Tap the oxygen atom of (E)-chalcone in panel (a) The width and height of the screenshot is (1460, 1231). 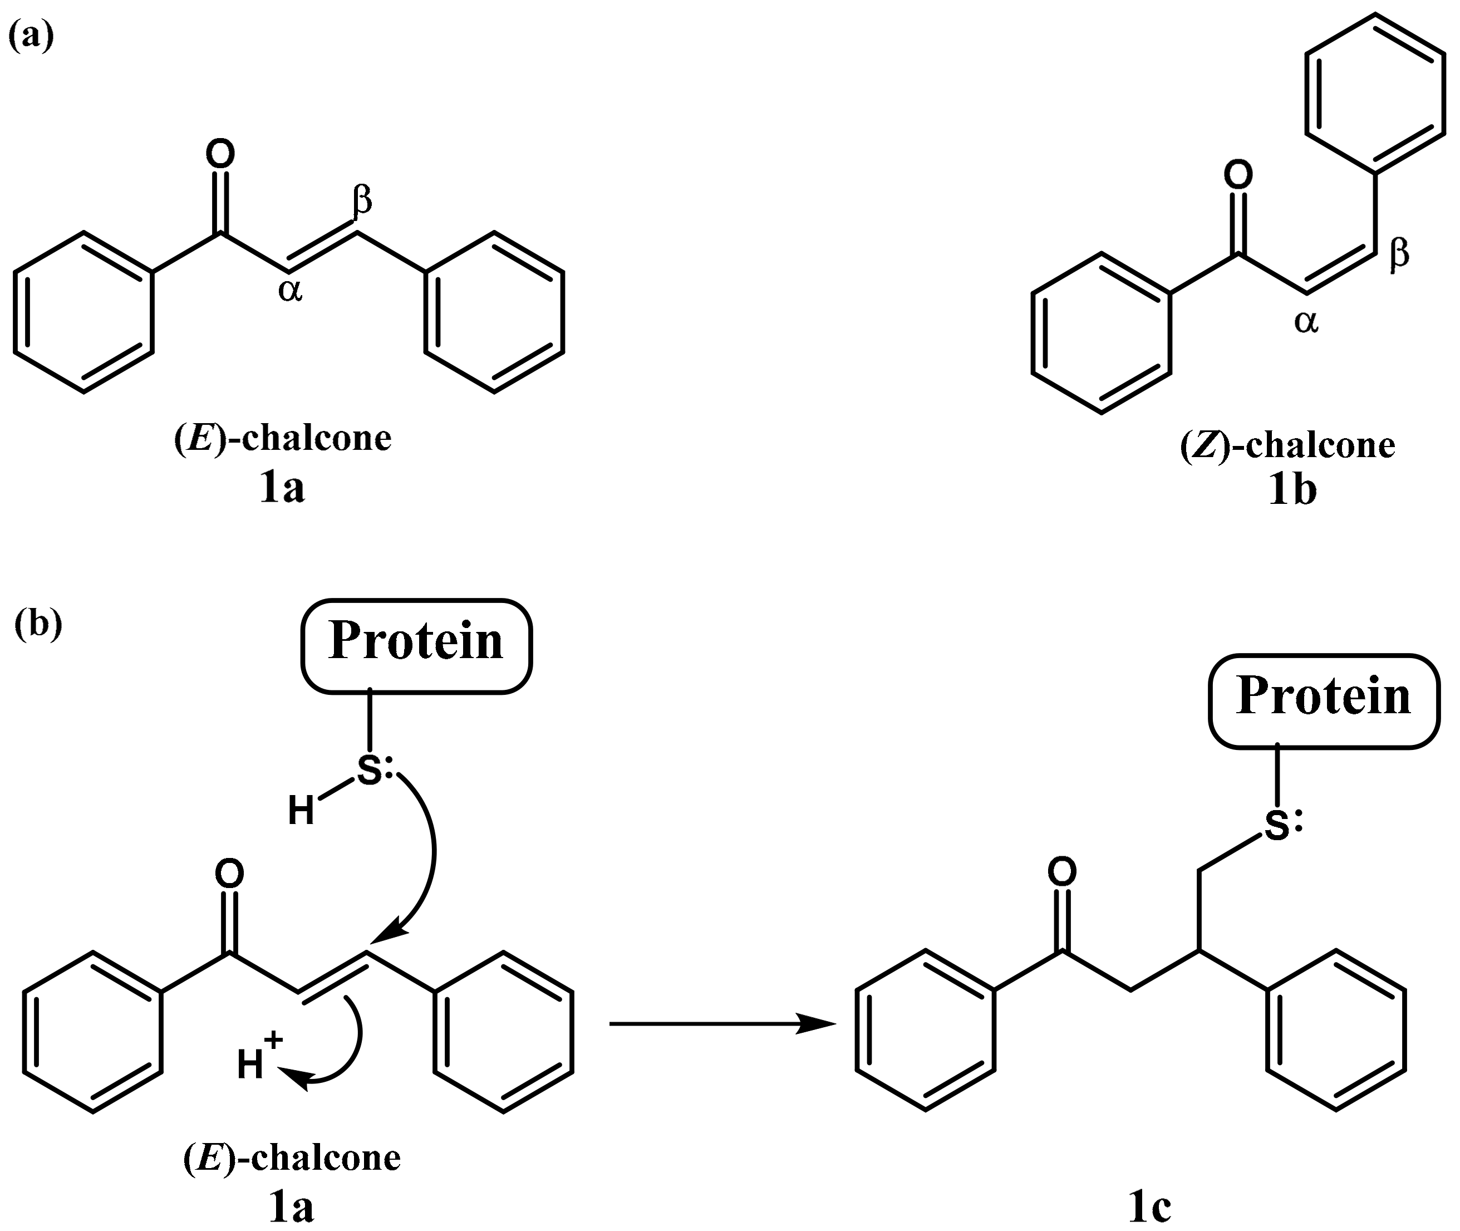[x=220, y=155]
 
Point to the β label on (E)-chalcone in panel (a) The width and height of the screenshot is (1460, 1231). [x=362, y=200]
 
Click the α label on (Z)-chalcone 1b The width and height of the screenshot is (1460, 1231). [x=1306, y=322]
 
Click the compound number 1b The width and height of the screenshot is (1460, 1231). [x=1292, y=490]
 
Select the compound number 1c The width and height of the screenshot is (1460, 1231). [x=1149, y=1207]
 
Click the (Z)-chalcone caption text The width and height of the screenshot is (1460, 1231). [x=1287, y=445]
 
